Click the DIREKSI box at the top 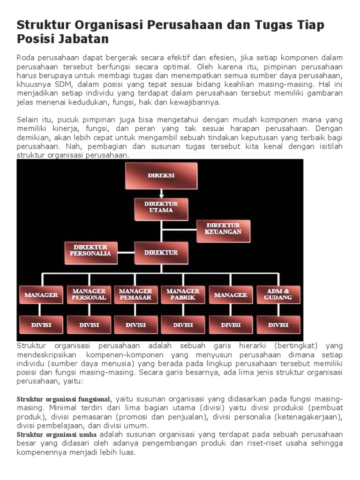161,176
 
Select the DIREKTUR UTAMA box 161,207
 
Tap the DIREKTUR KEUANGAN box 224,229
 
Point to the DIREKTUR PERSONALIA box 90,251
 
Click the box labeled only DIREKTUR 161,253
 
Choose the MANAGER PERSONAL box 89,295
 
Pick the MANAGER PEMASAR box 135,295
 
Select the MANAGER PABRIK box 183,295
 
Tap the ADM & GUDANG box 278,295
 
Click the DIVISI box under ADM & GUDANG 278,325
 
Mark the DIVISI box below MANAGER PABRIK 183,325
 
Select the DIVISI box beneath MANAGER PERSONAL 89,325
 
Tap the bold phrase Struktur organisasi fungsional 64,399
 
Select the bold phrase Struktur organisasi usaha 57,435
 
